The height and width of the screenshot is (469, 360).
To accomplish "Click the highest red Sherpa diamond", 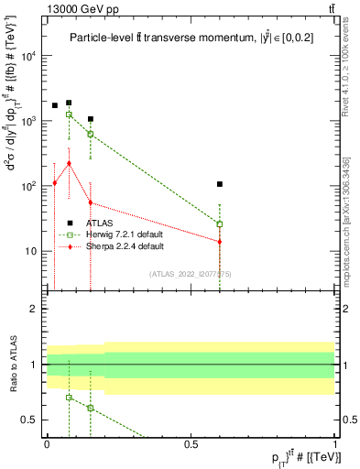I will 69,163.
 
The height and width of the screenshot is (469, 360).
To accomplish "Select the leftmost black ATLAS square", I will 54,105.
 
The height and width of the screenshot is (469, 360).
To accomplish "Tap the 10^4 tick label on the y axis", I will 31,56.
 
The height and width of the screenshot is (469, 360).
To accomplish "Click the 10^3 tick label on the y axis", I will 31,121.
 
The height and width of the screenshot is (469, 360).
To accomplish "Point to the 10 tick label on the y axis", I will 33,251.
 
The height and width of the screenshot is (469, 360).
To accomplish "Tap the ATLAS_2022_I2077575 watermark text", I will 191,273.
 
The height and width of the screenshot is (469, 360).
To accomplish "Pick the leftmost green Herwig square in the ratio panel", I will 69,398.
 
